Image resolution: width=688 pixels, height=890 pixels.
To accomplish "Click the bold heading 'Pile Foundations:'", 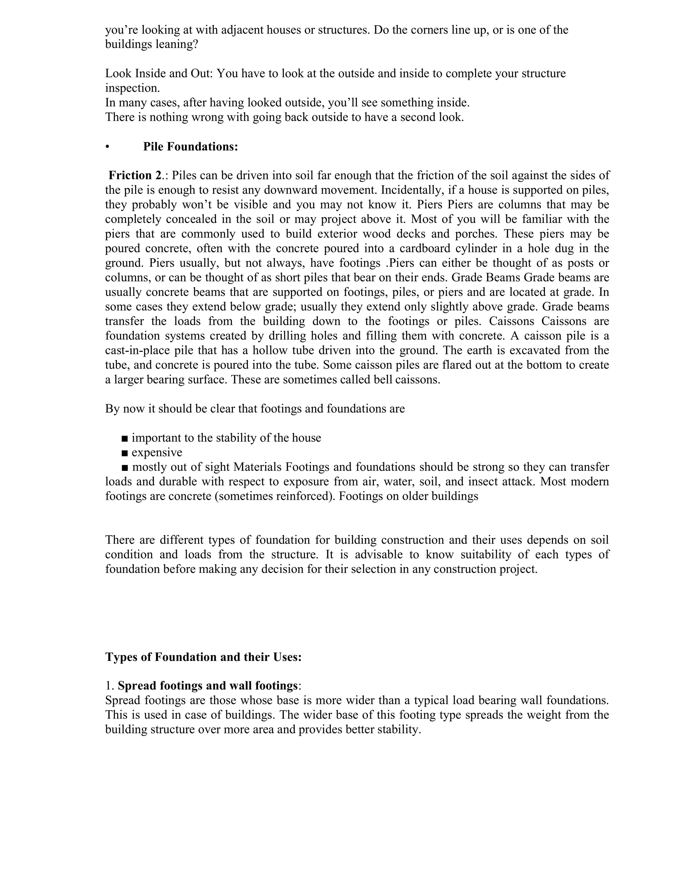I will coord(190,147).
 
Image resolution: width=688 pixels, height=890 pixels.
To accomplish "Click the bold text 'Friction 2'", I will coord(135,176).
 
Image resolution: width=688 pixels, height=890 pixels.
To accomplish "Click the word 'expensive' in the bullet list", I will coord(157,452).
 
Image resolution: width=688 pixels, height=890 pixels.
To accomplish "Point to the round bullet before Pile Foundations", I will coord(107,147).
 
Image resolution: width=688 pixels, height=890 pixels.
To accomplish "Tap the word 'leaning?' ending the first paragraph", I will coord(176,44).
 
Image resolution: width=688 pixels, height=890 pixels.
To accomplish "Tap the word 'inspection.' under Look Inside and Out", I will coord(132,88).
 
